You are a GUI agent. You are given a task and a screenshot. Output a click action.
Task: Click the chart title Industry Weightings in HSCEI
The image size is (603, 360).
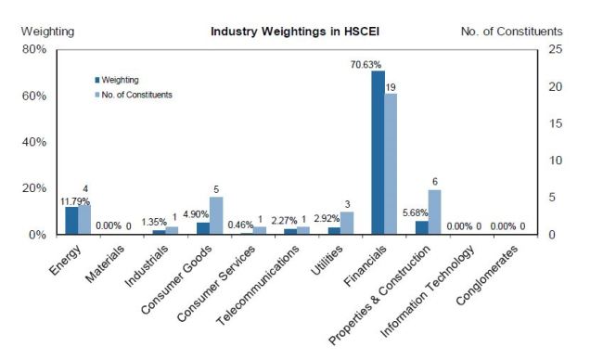pyautogui.click(x=295, y=32)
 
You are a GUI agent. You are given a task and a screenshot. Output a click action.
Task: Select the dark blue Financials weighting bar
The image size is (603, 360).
pyautogui.click(x=378, y=152)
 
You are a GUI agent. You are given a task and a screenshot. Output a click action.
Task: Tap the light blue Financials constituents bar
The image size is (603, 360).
pyautogui.click(x=391, y=164)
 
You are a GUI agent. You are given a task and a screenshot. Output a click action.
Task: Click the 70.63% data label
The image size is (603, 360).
pyautogui.click(x=366, y=65)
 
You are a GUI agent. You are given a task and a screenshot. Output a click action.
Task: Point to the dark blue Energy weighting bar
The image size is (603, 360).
pyautogui.click(x=71, y=221)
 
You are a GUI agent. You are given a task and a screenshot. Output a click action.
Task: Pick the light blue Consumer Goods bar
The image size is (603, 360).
pyautogui.click(x=216, y=215)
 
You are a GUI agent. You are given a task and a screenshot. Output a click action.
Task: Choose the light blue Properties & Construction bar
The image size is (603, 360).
pyautogui.click(x=434, y=212)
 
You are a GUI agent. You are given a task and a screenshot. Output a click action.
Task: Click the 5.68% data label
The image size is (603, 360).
pyautogui.click(x=416, y=212)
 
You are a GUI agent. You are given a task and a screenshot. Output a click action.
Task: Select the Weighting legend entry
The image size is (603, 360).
pyautogui.click(x=117, y=80)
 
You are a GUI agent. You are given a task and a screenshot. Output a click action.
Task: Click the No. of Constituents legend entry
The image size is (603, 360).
pyautogui.click(x=134, y=95)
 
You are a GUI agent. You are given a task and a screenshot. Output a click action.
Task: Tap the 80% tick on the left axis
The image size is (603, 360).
pyautogui.click(x=34, y=49)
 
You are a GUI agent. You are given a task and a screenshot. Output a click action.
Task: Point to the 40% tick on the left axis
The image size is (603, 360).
pyautogui.click(x=34, y=142)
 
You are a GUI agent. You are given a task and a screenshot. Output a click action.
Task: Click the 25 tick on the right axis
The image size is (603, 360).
pyautogui.click(x=555, y=49)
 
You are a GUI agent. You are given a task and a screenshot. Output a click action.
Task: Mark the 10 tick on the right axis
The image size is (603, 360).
pyautogui.click(x=555, y=161)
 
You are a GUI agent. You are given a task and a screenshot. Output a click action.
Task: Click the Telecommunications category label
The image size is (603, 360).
pyautogui.click(x=257, y=285)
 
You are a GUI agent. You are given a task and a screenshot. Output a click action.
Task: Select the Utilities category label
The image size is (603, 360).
pyautogui.click(x=327, y=261)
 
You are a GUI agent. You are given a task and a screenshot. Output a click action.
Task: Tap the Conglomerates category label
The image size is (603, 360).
pyautogui.click(x=487, y=276)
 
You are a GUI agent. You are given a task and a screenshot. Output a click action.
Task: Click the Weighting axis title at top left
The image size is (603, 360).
pyautogui.click(x=47, y=32)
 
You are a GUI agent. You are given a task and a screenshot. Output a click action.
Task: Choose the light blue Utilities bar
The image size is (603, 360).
pyautogui.click(x=347, y=223)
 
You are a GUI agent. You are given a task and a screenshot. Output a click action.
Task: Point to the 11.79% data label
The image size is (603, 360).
pyautogui.click(x=75, y=201)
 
